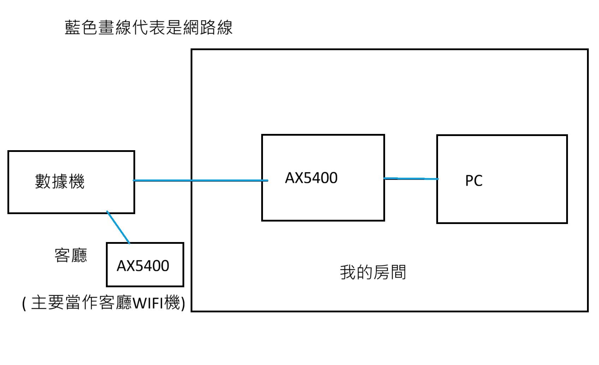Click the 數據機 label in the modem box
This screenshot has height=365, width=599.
point(60,182)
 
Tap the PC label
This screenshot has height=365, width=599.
point(474,181)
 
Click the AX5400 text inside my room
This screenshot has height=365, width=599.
point(311,178)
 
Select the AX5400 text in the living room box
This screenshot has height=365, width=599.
point(143,266)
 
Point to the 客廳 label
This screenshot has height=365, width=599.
point(71,255)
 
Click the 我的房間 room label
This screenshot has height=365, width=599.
point(373,272)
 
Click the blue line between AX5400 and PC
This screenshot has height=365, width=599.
point(411,179)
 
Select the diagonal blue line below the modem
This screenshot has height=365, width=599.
point(118,228)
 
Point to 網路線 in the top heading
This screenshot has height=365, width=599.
point(208,28)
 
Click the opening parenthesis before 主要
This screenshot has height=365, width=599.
point(24,304)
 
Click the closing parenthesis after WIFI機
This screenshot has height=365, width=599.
point(183,304)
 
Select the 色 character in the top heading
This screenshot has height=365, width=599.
point(90,28)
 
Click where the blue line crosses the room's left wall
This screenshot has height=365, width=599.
point(192,181)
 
